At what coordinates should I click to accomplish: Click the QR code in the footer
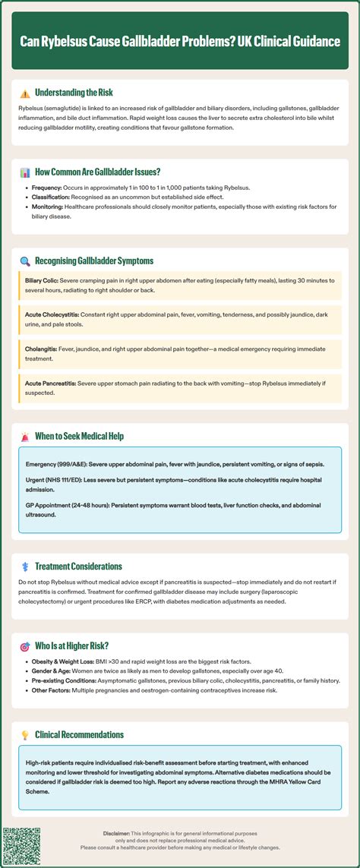point(21,847)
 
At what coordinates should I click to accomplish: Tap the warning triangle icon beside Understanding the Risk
point(25,93)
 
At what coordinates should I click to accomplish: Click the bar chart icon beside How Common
point(25,172)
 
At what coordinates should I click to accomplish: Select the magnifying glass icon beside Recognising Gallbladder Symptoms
point(25,261)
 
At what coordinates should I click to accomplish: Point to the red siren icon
point(25,437)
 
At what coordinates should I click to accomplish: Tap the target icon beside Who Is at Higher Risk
point(25,647)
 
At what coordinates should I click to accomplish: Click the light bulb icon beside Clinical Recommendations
point(25,735)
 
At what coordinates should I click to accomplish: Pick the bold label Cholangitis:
point(44,346)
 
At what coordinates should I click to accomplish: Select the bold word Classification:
point(53,197)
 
